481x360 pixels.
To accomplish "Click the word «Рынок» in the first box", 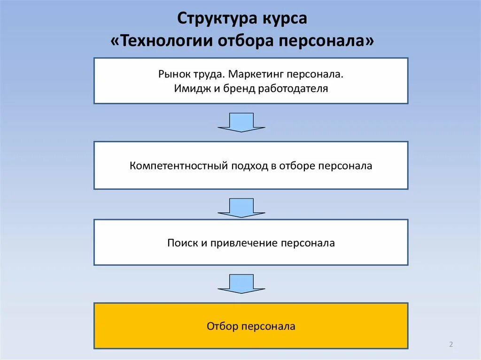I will (172, 75).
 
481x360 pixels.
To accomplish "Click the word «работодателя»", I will (293, 88).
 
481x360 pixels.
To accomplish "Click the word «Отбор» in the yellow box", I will (222, 326).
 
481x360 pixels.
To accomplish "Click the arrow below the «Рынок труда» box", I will (241, 122).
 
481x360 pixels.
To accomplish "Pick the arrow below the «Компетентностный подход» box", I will (241, 207).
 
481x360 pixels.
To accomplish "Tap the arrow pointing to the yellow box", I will (241, 284).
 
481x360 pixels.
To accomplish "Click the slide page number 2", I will (451, 345).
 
